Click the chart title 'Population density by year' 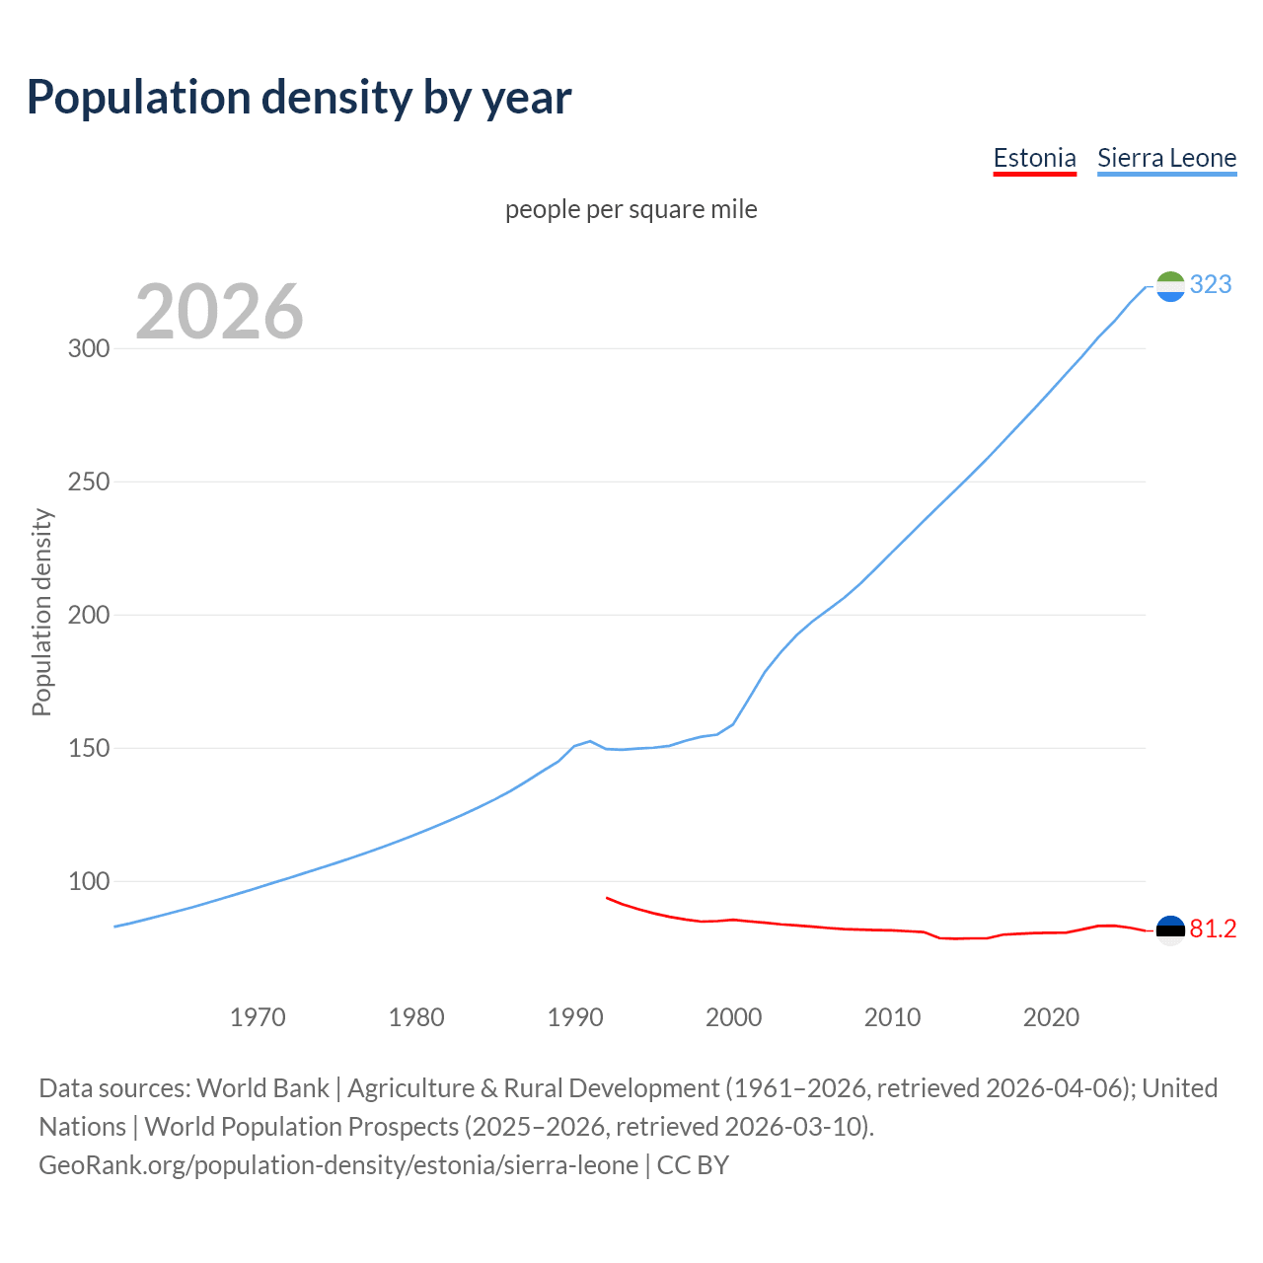[x=299, y=98]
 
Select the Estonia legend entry [x=1034, y=158]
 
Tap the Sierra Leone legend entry [x=1166, y=158]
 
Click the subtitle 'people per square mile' [x=631, y=209]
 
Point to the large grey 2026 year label [x=219, y=312]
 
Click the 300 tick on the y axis [x=89, y=349]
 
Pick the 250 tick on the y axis [x=89, y=483]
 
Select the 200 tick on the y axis [x=89, y=616]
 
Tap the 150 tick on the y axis [x=89, y=749]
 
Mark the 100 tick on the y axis [x=89, y=882]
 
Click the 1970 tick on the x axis [x=258, y=1017]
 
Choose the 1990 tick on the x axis [x=575, y=1017]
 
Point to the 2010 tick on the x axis [x=892, y=1017]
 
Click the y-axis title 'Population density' [x=41, y=612]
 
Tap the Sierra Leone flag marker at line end [x=1169, y=286]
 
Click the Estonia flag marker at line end [x=1169, y=930]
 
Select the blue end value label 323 [x=1211, y=285]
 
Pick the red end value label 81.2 [x=1213, y=929]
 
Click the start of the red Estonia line [x=607, y=898]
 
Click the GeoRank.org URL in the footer [x=338, y=1165]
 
